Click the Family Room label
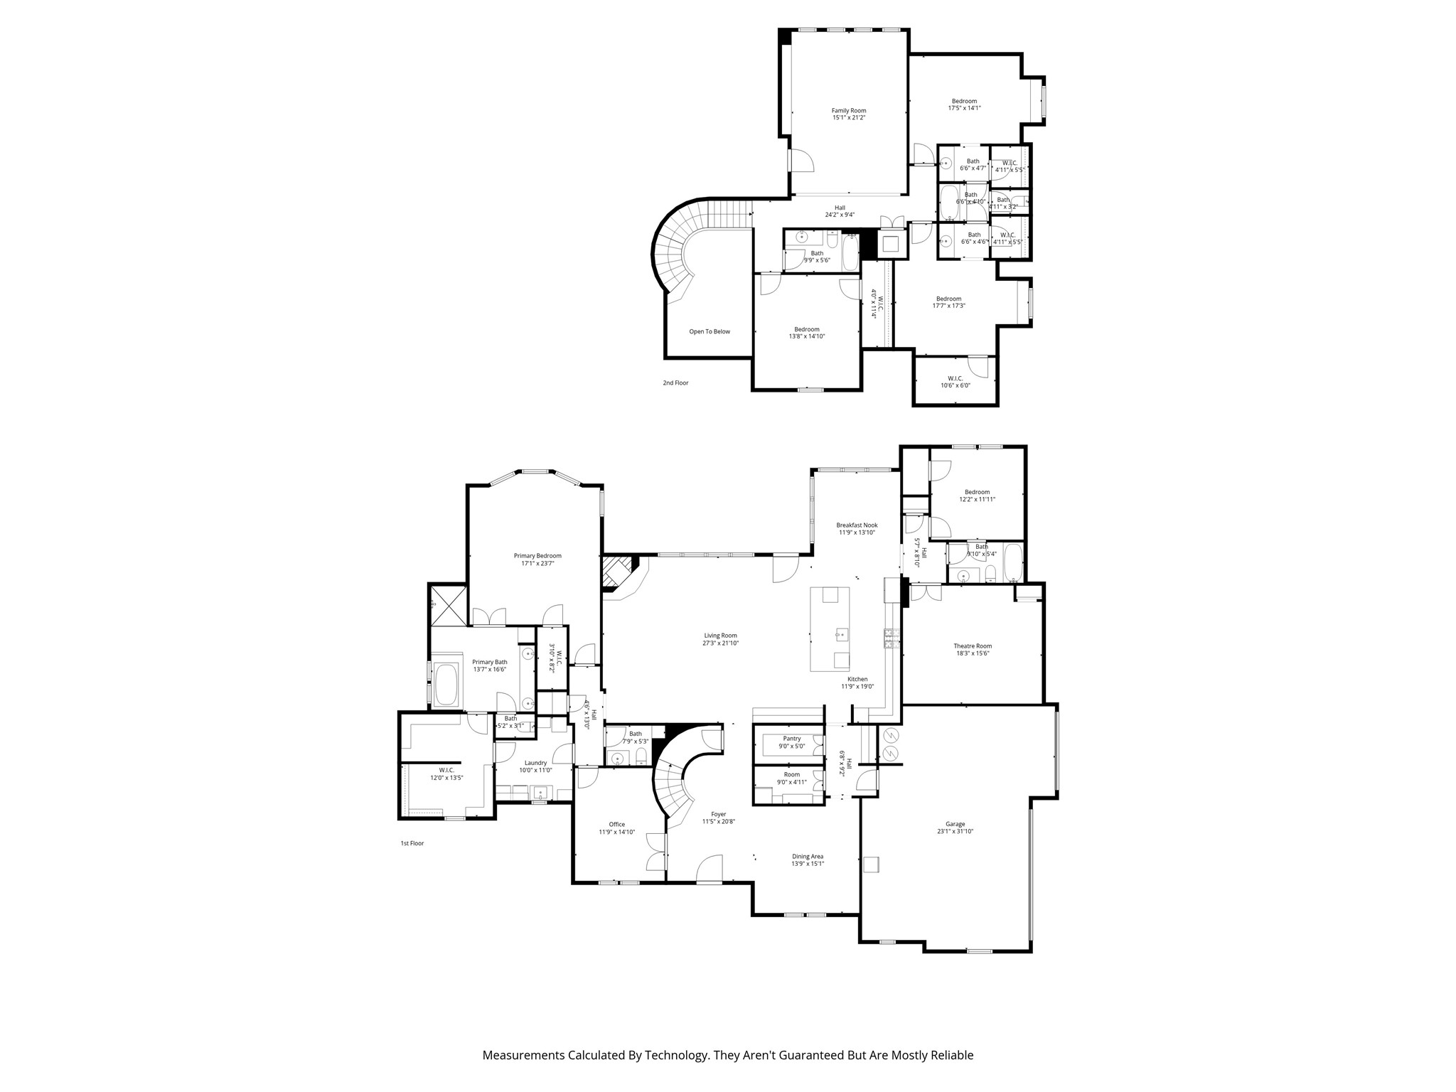coord(849,111)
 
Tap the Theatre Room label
coord(972,646)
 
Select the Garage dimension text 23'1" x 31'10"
coord(955,831)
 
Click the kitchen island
coord(830,628)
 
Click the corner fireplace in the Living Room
coord(616,573)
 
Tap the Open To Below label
coord(709,332)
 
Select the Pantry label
coord(791,739)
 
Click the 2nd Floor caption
coord(675,383)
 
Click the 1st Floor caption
coord(412,843)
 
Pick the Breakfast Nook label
coord(857,525)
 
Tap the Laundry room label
coord(535,763)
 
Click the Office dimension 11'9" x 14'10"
coord(616,832)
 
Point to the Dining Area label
coord(808,857)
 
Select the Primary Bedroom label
coord(537,556)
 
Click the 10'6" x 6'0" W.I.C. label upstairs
coord(955,385)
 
